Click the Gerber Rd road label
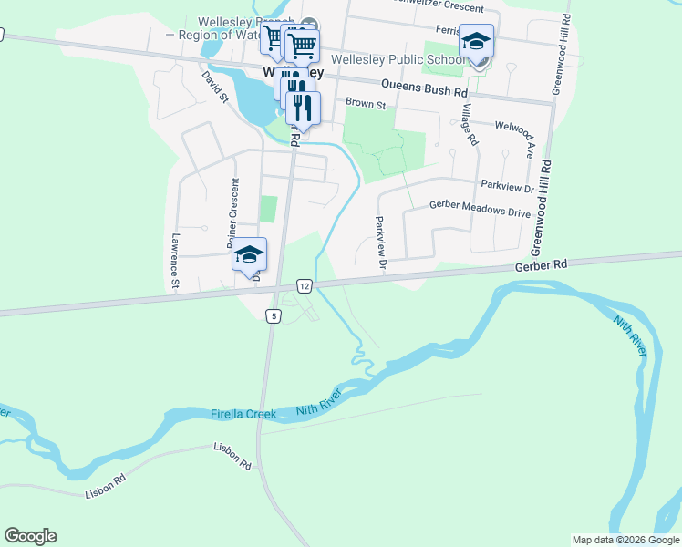point(541,264)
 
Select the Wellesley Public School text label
point(398,60)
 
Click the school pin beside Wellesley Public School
point(477,44)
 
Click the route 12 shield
point(305,286)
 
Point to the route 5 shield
point(273,315)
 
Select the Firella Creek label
point(243,414)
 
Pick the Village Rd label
point(469,124)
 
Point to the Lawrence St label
point(174,263)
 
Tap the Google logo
point(30,536)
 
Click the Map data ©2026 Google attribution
point(625,540)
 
